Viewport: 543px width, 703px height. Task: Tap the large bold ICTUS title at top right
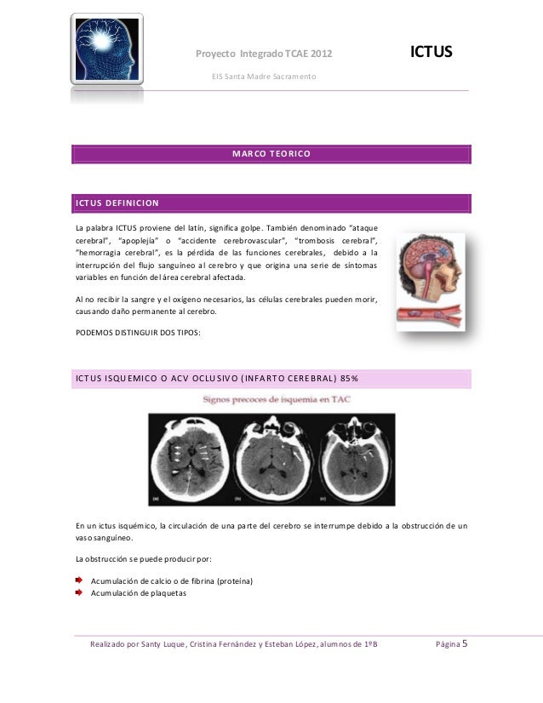click(432, 54)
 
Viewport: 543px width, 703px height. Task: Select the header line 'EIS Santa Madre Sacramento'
click(263, 77)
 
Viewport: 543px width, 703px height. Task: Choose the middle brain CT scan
click(271, 458)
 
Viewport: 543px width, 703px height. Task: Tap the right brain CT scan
click(353, 458)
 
